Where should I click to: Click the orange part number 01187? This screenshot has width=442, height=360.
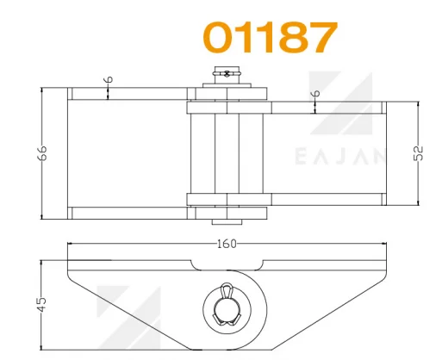click(x=270, y=37)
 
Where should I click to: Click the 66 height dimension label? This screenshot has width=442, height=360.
click(x=42, y=153)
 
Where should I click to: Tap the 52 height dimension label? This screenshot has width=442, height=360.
click(x=420, y=153)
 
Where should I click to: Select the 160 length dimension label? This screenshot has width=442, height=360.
click(x=227, y=244)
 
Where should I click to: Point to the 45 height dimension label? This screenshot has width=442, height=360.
click(x=41, y=304)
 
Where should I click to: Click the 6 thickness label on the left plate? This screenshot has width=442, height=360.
click(x=109, y=79)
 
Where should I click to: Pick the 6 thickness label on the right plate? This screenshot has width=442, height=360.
click(x=316, y=93)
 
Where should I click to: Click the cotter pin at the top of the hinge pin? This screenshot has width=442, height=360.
click(x=227, y=74)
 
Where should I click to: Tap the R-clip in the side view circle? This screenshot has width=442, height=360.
click(x=227, y=305)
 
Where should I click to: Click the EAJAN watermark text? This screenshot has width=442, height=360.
click(x=340, y=157)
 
